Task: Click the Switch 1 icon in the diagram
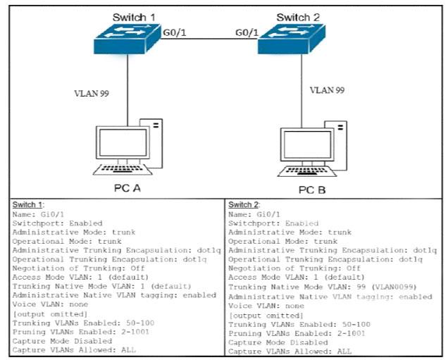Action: pyautogui.click(x=127, y=39)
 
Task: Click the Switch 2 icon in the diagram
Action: pyautogui.click(x=292, y=39)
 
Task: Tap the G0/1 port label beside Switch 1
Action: pyautogui.click(x=175, y=32)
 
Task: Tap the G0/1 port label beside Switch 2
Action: pyautogui.click(x=247, y=32)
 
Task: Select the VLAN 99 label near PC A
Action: pyautogui.click(x=92, y=94)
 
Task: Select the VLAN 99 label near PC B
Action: pyautogui.click(x=327, y=90)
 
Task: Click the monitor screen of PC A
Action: pyautogui.click(x=123, y=142)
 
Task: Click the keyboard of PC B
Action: pyautogui.click(x=307, y=171)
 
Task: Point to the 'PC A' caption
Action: pyautogui.click(x=127, y=188)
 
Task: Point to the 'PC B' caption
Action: pyautogui.click(x=312, y=190)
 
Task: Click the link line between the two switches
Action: pyautogui.click(x=209, y=39)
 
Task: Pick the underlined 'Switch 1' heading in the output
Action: pyautogui.click(x=27, y=204)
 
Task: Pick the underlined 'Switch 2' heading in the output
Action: pyautogui.click(x=244, y=204)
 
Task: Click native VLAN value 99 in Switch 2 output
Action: pyautogui.click(x=361, y=287)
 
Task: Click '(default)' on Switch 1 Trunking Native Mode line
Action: pyautogui.click(x=170, y=286)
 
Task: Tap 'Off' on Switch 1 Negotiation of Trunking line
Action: pyautogui.click(x=138, y=268)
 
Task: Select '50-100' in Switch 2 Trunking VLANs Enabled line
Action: pyautogui.click(x=356, y=325)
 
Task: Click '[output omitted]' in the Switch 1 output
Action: pyautogui.click(x=50, y=314)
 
